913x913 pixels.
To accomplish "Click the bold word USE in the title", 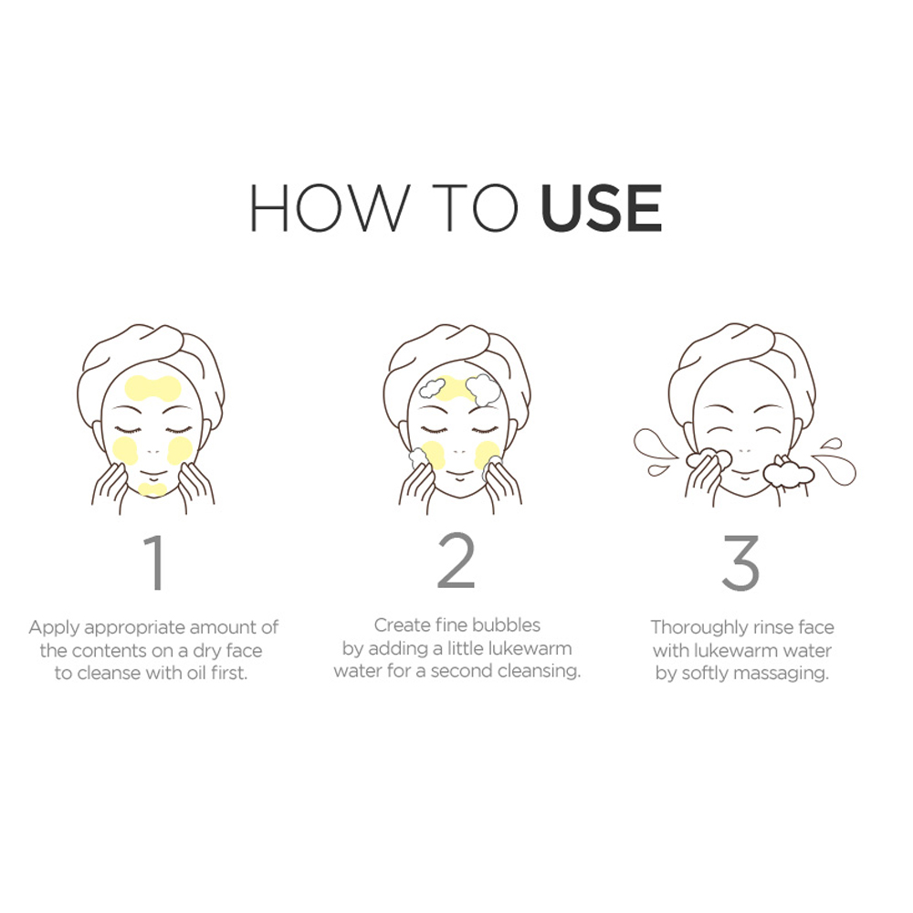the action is coord(601,208).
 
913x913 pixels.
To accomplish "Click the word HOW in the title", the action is coord(330,208).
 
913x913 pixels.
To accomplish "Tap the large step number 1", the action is coord(155,562).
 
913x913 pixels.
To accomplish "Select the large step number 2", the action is coord(456,561).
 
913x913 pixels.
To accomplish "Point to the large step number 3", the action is coord(740,562).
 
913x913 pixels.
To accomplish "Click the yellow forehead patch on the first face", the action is coord(152,388).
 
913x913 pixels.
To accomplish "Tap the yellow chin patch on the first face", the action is coord(152,488).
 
